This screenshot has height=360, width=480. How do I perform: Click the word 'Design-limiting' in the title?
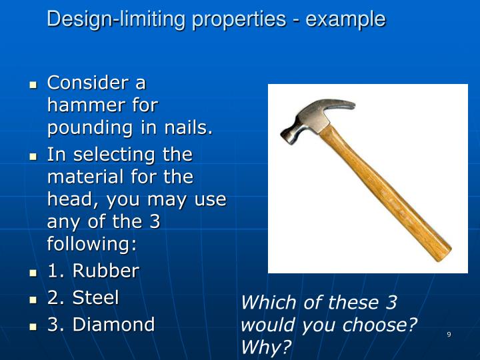tap(117, 19)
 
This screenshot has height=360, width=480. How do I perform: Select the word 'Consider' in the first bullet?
tap(87, 83)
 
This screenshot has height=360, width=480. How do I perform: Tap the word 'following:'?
tap(91, 244)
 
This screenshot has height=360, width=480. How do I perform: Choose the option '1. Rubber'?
tap(93, 271)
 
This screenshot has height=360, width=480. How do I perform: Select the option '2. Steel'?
tap(83, 297)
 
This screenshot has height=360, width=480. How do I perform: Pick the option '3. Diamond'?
tap(101, 325)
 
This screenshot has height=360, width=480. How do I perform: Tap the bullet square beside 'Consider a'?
tap(33, 85)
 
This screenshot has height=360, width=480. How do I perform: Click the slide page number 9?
tap(449, 334)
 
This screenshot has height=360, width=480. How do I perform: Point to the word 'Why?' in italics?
tap(266, 348)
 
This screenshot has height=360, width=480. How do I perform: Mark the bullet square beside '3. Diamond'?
tap(33, 327)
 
